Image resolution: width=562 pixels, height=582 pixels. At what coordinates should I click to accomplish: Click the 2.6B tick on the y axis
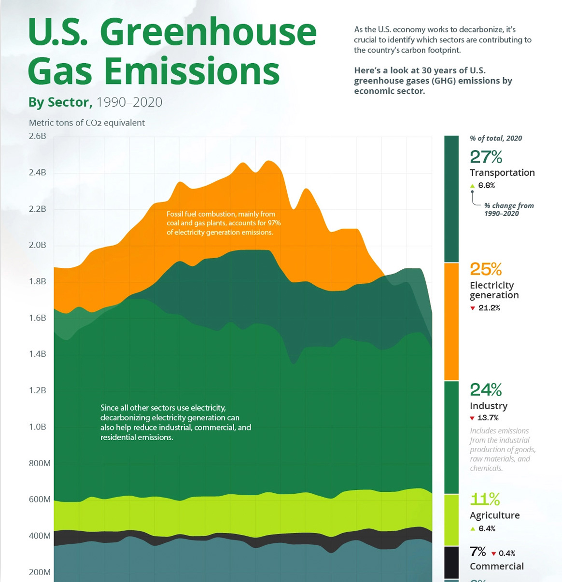coord(38,136)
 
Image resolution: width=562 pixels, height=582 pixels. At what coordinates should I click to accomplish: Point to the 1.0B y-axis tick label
coord(38,427)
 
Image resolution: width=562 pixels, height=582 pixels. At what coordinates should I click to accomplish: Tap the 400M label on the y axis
coord(40,536)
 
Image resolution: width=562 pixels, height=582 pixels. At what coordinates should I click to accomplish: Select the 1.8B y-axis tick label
coord(38,281)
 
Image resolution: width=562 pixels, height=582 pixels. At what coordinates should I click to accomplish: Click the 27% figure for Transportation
coord(486,157)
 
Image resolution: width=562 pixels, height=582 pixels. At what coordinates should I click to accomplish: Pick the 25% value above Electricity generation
coord(486,269)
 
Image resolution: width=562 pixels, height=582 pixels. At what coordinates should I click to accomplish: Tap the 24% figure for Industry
coord(486,389)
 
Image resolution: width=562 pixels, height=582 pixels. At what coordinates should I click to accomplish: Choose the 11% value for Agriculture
coord(485,499)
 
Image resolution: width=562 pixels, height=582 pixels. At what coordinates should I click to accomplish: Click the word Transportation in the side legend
coord(502,173)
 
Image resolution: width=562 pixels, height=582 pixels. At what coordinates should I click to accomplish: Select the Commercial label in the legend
coord(496,567)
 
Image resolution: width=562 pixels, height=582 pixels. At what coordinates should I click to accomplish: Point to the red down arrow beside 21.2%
coord(473,308)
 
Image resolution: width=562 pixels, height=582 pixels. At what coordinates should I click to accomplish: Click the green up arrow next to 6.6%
coord(473,186)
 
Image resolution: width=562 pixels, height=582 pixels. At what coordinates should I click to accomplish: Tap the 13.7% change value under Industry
coord(488,418)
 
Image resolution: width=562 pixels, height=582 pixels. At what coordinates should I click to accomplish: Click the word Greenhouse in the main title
coord(208,33)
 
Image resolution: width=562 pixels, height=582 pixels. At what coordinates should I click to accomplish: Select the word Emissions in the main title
coord(192,71)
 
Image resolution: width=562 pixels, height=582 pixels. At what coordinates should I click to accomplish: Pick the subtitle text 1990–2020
coord(129,102)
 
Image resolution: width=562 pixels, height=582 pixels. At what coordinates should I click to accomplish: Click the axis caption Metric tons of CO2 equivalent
coord(87,123)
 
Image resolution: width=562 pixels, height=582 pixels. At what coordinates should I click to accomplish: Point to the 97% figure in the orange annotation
coord(274,223)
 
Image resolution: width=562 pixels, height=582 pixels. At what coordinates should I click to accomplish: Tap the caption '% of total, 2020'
coord(496,139)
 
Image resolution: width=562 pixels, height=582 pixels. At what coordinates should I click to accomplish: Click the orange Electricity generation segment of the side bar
coord(451,321)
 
